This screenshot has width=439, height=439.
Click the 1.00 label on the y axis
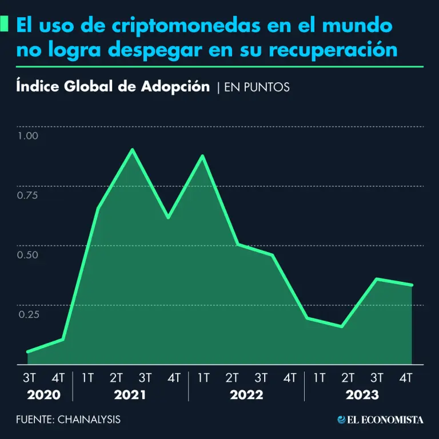tap(28, 136)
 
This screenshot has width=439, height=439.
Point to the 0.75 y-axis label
tap(28, 195)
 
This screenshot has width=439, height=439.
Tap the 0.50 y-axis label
tap(28, 255)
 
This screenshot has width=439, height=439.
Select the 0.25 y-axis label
tap(28, 314)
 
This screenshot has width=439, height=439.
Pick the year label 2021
tap(130, 395)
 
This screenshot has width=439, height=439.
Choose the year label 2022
tap(246, 395)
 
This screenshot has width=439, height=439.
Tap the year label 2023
tap(362, 395)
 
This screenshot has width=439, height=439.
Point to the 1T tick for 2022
tap(203, 377)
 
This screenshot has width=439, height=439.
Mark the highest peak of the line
tap(133, 150)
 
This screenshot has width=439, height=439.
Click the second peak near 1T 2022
tap(202, 155)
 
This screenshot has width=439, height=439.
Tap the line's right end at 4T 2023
tap(412, 285)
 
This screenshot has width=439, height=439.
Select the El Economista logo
tap(380, 420)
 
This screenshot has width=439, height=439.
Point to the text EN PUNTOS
tap(257, 87)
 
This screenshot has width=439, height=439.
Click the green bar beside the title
tap(5, 24)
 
